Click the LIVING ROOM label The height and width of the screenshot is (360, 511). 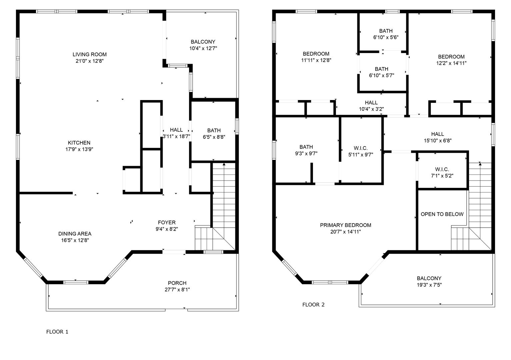(x=90, y=54)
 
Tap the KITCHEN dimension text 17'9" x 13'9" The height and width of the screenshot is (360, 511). (x=79, y=149)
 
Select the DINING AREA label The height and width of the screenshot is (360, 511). (x=75, y=234)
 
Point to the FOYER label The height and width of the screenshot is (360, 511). (x=167, y=222)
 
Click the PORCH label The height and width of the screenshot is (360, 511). (x=177, y=283)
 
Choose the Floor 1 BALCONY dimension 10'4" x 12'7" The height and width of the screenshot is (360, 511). (x=203, y=48)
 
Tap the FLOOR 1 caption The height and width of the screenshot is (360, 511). (x=57, y=332)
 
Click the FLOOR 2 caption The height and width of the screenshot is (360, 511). (x=313, y=305)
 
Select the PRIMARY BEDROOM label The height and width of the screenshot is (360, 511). (x=346, y=225)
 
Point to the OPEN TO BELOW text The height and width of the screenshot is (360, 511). (x=442, y=214)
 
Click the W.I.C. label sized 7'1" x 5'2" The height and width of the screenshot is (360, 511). (x=442, y=169)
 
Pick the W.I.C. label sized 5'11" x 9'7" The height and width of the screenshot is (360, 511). (x=361, y=148)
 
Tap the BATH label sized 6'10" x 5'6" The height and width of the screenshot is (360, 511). (x=386, y=31)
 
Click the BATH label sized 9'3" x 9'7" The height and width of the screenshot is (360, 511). (x=306, y=147)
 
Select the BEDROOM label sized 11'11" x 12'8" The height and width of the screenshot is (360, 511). (x=316, y=54)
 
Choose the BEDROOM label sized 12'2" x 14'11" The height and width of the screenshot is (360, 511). (x=451, y=57)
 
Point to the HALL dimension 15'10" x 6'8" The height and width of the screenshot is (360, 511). (x=438, y=140)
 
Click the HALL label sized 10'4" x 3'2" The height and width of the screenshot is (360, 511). (x=371, y=103)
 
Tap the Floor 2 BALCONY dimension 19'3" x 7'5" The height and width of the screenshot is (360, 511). (x=429, y=285)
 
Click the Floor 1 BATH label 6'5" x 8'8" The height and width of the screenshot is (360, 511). (x=214, y=130)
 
